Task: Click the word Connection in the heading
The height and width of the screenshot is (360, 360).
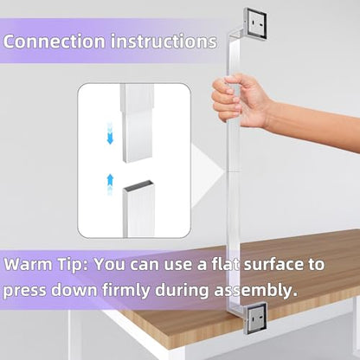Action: pos(55,42)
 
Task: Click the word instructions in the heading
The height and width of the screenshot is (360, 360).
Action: pos(164,42)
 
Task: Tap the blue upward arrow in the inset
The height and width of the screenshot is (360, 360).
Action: pos(110,184)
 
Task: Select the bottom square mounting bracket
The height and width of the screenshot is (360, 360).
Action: pos(255,318)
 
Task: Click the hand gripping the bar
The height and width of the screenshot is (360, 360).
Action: pos(237,100)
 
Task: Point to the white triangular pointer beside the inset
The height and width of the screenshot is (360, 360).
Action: pos(209,173)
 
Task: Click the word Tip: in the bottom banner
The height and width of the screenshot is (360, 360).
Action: pos(73,265)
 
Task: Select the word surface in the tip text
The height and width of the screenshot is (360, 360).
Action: pos(272,264)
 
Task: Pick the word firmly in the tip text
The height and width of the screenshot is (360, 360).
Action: pos(126,290)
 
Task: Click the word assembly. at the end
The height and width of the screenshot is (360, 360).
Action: pos(255,291)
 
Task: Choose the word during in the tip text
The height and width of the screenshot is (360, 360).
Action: pos(182,290)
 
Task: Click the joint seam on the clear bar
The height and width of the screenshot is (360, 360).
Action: pos(234,172)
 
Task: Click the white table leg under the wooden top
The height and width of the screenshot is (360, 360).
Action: pos(75,335)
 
